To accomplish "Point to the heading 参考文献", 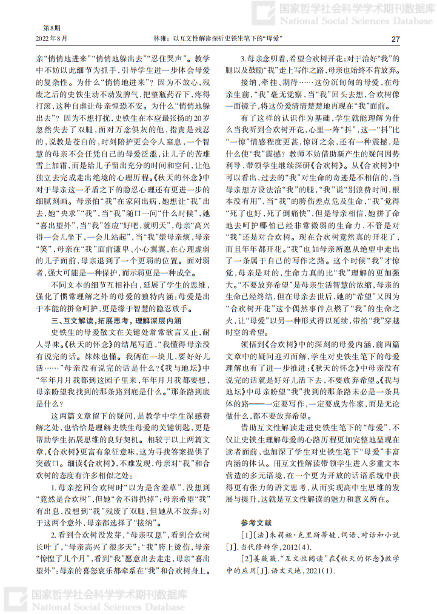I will tap(257, 522).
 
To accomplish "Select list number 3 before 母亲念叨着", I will tap(243, 59).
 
